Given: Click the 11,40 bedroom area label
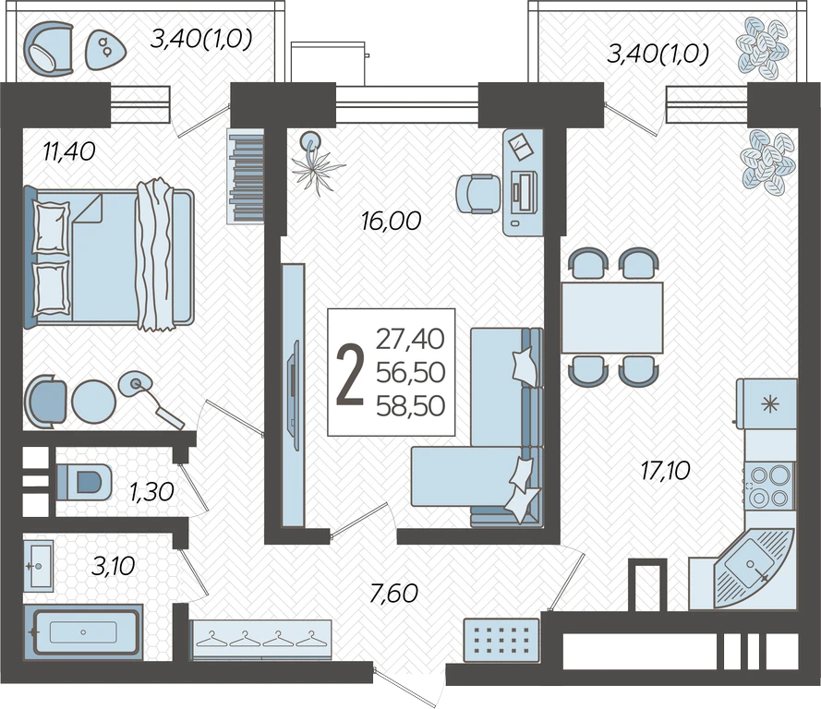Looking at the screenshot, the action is (x=69, y=151).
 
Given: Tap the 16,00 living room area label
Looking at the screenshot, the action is (x=391, y=221).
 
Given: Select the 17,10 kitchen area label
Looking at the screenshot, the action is (x=666, y=471).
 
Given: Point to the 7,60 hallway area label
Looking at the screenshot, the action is (x=393, y=594).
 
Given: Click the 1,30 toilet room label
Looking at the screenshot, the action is (x=151, y=492).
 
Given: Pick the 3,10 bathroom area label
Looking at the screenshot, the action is (x=113, y=566).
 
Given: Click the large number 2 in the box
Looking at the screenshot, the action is (x=350, y=375).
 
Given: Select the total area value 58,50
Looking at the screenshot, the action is (x=410, y=405).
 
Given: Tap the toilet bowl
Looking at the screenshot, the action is (x=84, y=481).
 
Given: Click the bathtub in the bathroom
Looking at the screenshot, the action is (x=83, y=632).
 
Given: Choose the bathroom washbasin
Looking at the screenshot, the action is (x=38, y=566).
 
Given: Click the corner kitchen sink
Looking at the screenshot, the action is (x=752, y=565).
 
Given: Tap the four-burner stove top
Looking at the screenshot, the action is (x=768, y=487).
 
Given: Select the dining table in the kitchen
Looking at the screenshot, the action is (x=612, y=318).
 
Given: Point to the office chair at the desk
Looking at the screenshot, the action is (x=477, y=194).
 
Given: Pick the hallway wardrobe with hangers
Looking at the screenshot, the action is (x=260, y=641).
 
